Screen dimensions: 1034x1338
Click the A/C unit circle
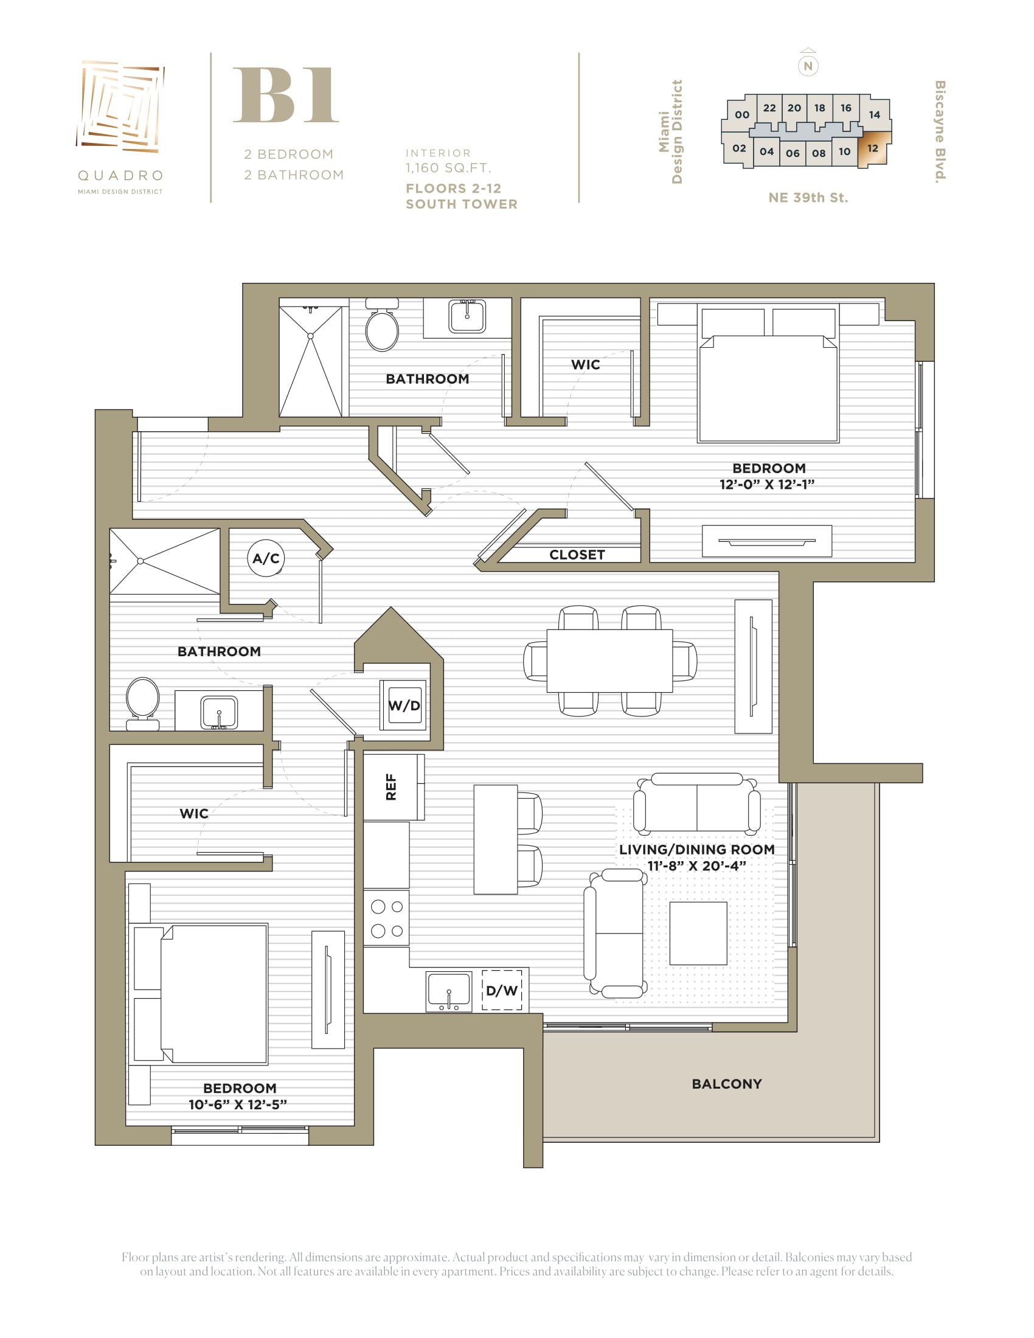[x=266, y=558]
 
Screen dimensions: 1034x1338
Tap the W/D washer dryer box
[x=404, y=705]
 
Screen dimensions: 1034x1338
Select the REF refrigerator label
[x=391, y=787]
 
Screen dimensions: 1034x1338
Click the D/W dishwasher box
[x=502, y=991]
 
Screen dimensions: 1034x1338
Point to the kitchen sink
[x=449, y=991]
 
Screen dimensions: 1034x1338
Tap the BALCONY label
[x=726, y=1084]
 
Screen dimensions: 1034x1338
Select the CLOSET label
[x=577, y=555]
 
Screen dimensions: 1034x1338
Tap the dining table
[x=609, y=660]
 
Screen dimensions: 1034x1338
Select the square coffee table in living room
[x=698, y=933]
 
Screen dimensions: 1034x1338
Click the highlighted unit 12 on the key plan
[x=873, y=149]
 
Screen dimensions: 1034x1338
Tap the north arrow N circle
[x=808, y=66]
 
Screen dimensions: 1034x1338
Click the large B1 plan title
[x=286, y=95]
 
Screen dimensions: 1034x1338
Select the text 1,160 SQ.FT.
[x=448, y=168]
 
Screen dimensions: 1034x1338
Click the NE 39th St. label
[x=808, y=198]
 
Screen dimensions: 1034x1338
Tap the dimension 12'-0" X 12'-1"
[x=767, y=484]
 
